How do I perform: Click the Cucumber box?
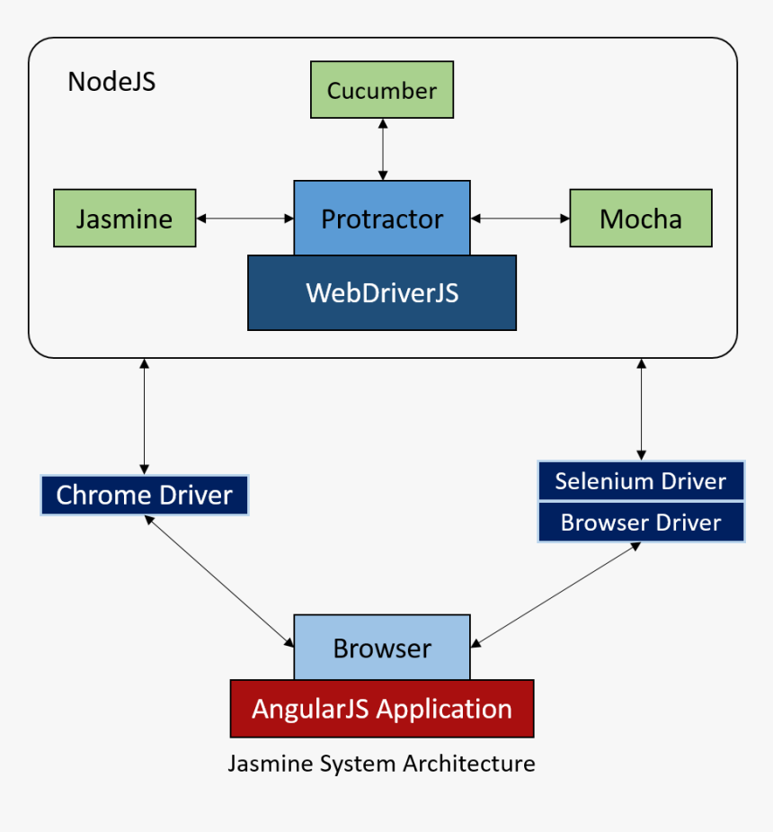382,90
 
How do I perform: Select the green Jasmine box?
125,218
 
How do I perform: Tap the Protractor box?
382,219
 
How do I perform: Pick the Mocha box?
640,218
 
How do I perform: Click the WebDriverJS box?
382,292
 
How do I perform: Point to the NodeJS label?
111,82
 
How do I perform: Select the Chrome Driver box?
144,495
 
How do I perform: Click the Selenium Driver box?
640,480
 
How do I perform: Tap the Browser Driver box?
640,523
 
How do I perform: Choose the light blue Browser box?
382,648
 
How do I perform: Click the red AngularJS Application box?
382,709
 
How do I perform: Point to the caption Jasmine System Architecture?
381,764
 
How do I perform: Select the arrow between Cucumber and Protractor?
384,149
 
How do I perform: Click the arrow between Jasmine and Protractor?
244,218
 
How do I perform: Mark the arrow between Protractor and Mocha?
520,218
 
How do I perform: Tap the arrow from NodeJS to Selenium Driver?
641,409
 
